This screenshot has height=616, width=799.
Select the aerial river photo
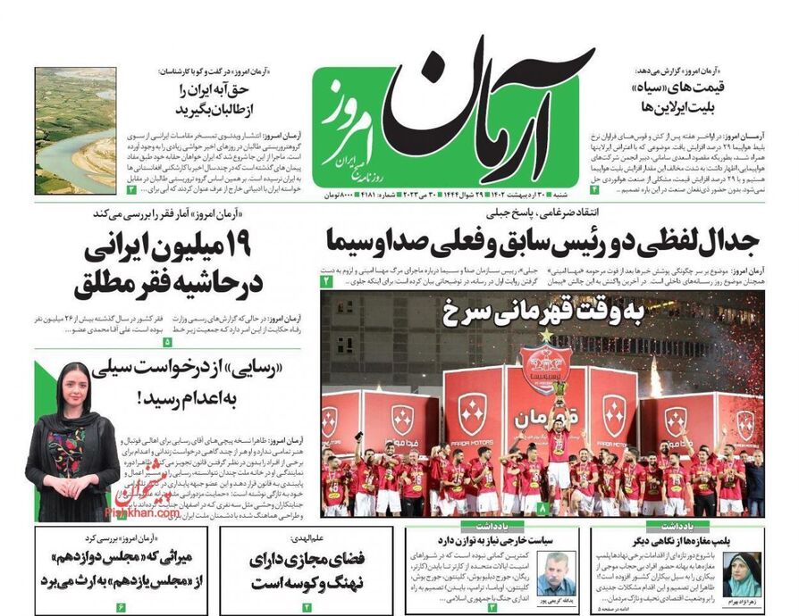[x=75, y=130]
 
